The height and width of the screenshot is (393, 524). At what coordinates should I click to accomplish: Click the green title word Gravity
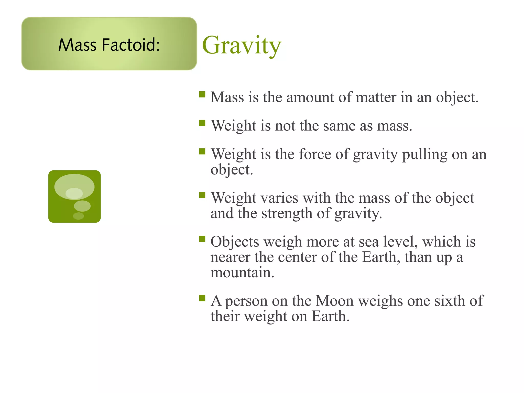(x=242, y=46)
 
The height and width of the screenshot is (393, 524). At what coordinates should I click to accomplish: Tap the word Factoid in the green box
(x=131, y=45)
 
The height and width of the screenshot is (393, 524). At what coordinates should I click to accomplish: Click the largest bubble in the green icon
(x=74, y=187)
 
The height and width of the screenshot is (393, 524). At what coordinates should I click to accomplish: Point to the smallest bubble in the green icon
(x=78, y=216)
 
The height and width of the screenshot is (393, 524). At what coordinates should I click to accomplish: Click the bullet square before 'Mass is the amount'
(x=202, y=94)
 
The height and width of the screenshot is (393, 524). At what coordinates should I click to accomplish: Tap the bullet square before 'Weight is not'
(x=202, y=123)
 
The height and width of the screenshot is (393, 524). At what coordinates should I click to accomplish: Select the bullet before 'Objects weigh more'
(x=202, y=239)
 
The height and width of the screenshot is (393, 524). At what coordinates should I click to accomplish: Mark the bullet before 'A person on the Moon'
(x=202, y=298)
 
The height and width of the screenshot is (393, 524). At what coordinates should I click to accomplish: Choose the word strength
(x=287, y=213)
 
